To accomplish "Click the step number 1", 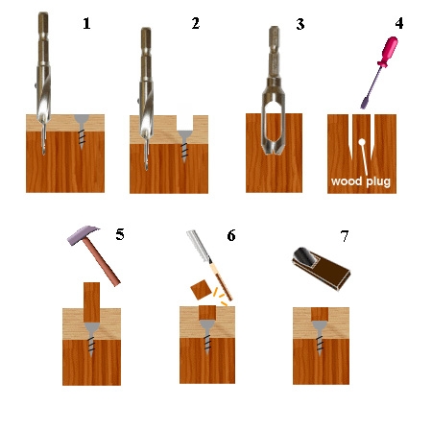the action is pyautogui.click(x=86, y=24).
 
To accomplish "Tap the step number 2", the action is pyautogui.click(x=196, y=23).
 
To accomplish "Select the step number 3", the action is pyautogui.click(x=300, y=24).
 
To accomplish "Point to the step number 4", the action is pyautogui.click(x=399, y=23).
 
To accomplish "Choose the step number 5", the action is pyautogui.click(x=120, y=234).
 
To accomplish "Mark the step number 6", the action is pyautogui.click(x=231, y=235).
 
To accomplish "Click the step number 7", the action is pyautogui.click(x=345, y=236).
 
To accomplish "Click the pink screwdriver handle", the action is pyautogui.click(x=388, y=51).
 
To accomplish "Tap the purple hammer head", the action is pyautogui.click(x=83, y=234).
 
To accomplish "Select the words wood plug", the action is pyautogui.click(x=361, y=181).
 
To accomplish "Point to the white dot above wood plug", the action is pyautogui.click(x=362, y=142).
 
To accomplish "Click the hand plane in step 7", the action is pyautogui.click(x=321, y=269).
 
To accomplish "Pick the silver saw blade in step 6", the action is pyautogui.click(x=199, y=246).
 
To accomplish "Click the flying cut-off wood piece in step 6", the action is pyautogui.click(x=201, y=290).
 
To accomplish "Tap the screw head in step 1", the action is pyautogui.click(x=82, y=120).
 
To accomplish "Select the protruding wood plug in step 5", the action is pyautogui.click(x=91, y=302).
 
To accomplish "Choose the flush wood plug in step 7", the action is pyautogui.click(x=320, y=314).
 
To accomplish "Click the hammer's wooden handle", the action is pyautogui.click(x=102, y=262).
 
